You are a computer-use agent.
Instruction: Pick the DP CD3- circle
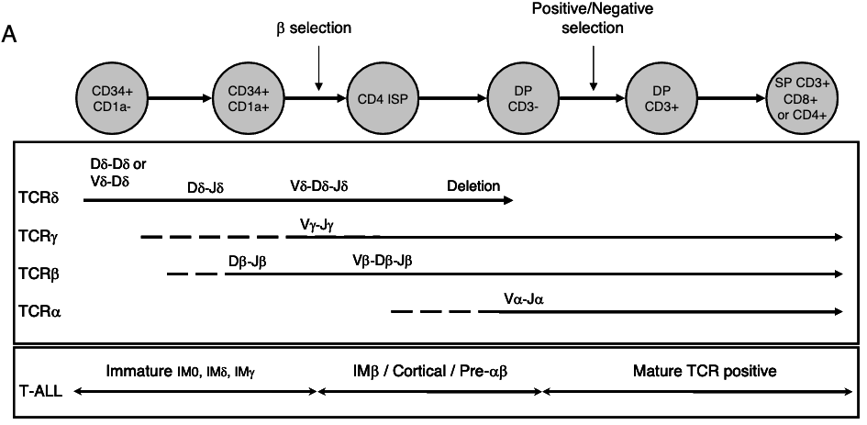click(518, 96)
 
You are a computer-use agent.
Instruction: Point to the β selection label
click(314, 28)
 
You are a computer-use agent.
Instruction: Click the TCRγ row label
click(38, 236)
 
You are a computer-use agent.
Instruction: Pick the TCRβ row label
click(38, 273)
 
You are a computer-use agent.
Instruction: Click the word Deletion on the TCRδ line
click(473, 186)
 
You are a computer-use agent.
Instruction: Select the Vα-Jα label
click(525, 300)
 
